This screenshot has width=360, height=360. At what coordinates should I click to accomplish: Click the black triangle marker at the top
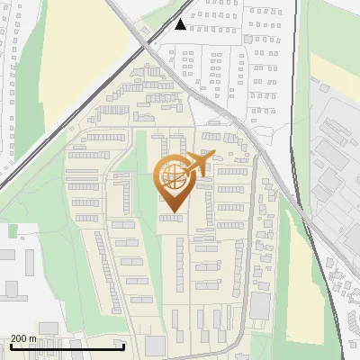click(x=182, y=24)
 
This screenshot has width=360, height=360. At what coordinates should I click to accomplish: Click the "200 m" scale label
click(x=24, y=338)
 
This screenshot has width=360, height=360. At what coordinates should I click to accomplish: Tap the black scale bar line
click(x=67, y=346)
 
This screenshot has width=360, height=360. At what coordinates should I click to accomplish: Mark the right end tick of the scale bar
click(x=124, y=346)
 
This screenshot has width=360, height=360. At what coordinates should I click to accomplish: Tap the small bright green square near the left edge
click(x=13, y=231)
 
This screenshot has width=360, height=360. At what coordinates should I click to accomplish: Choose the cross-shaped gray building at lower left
click(x=12, y=288)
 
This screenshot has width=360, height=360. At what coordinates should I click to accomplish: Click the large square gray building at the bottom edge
click(x=155, y=346)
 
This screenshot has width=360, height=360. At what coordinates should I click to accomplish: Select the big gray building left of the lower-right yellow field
click(x=260, y=306)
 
